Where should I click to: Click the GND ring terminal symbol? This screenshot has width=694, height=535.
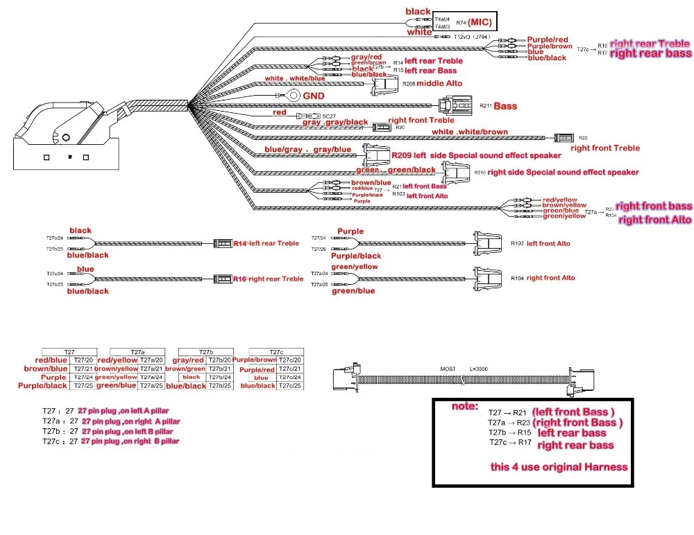(x=294, y=95)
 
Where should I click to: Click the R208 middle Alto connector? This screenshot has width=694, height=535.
(x=384, y=85)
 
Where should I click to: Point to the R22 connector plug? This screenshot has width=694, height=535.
(x=562, y=138)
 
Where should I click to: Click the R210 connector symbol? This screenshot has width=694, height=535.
(x=457, y=172)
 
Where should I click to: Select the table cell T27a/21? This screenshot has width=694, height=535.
(x=151, y=369)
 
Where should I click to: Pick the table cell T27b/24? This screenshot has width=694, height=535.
(x=220, y=377)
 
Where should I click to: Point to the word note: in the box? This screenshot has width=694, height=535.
(x=465, y=406)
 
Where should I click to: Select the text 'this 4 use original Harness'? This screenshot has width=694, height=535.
(x=559, y=466)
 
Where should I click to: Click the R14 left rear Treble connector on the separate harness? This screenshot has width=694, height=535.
(x=223, y=243)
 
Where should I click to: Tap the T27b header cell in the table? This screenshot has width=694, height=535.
(x=206, y=352)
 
